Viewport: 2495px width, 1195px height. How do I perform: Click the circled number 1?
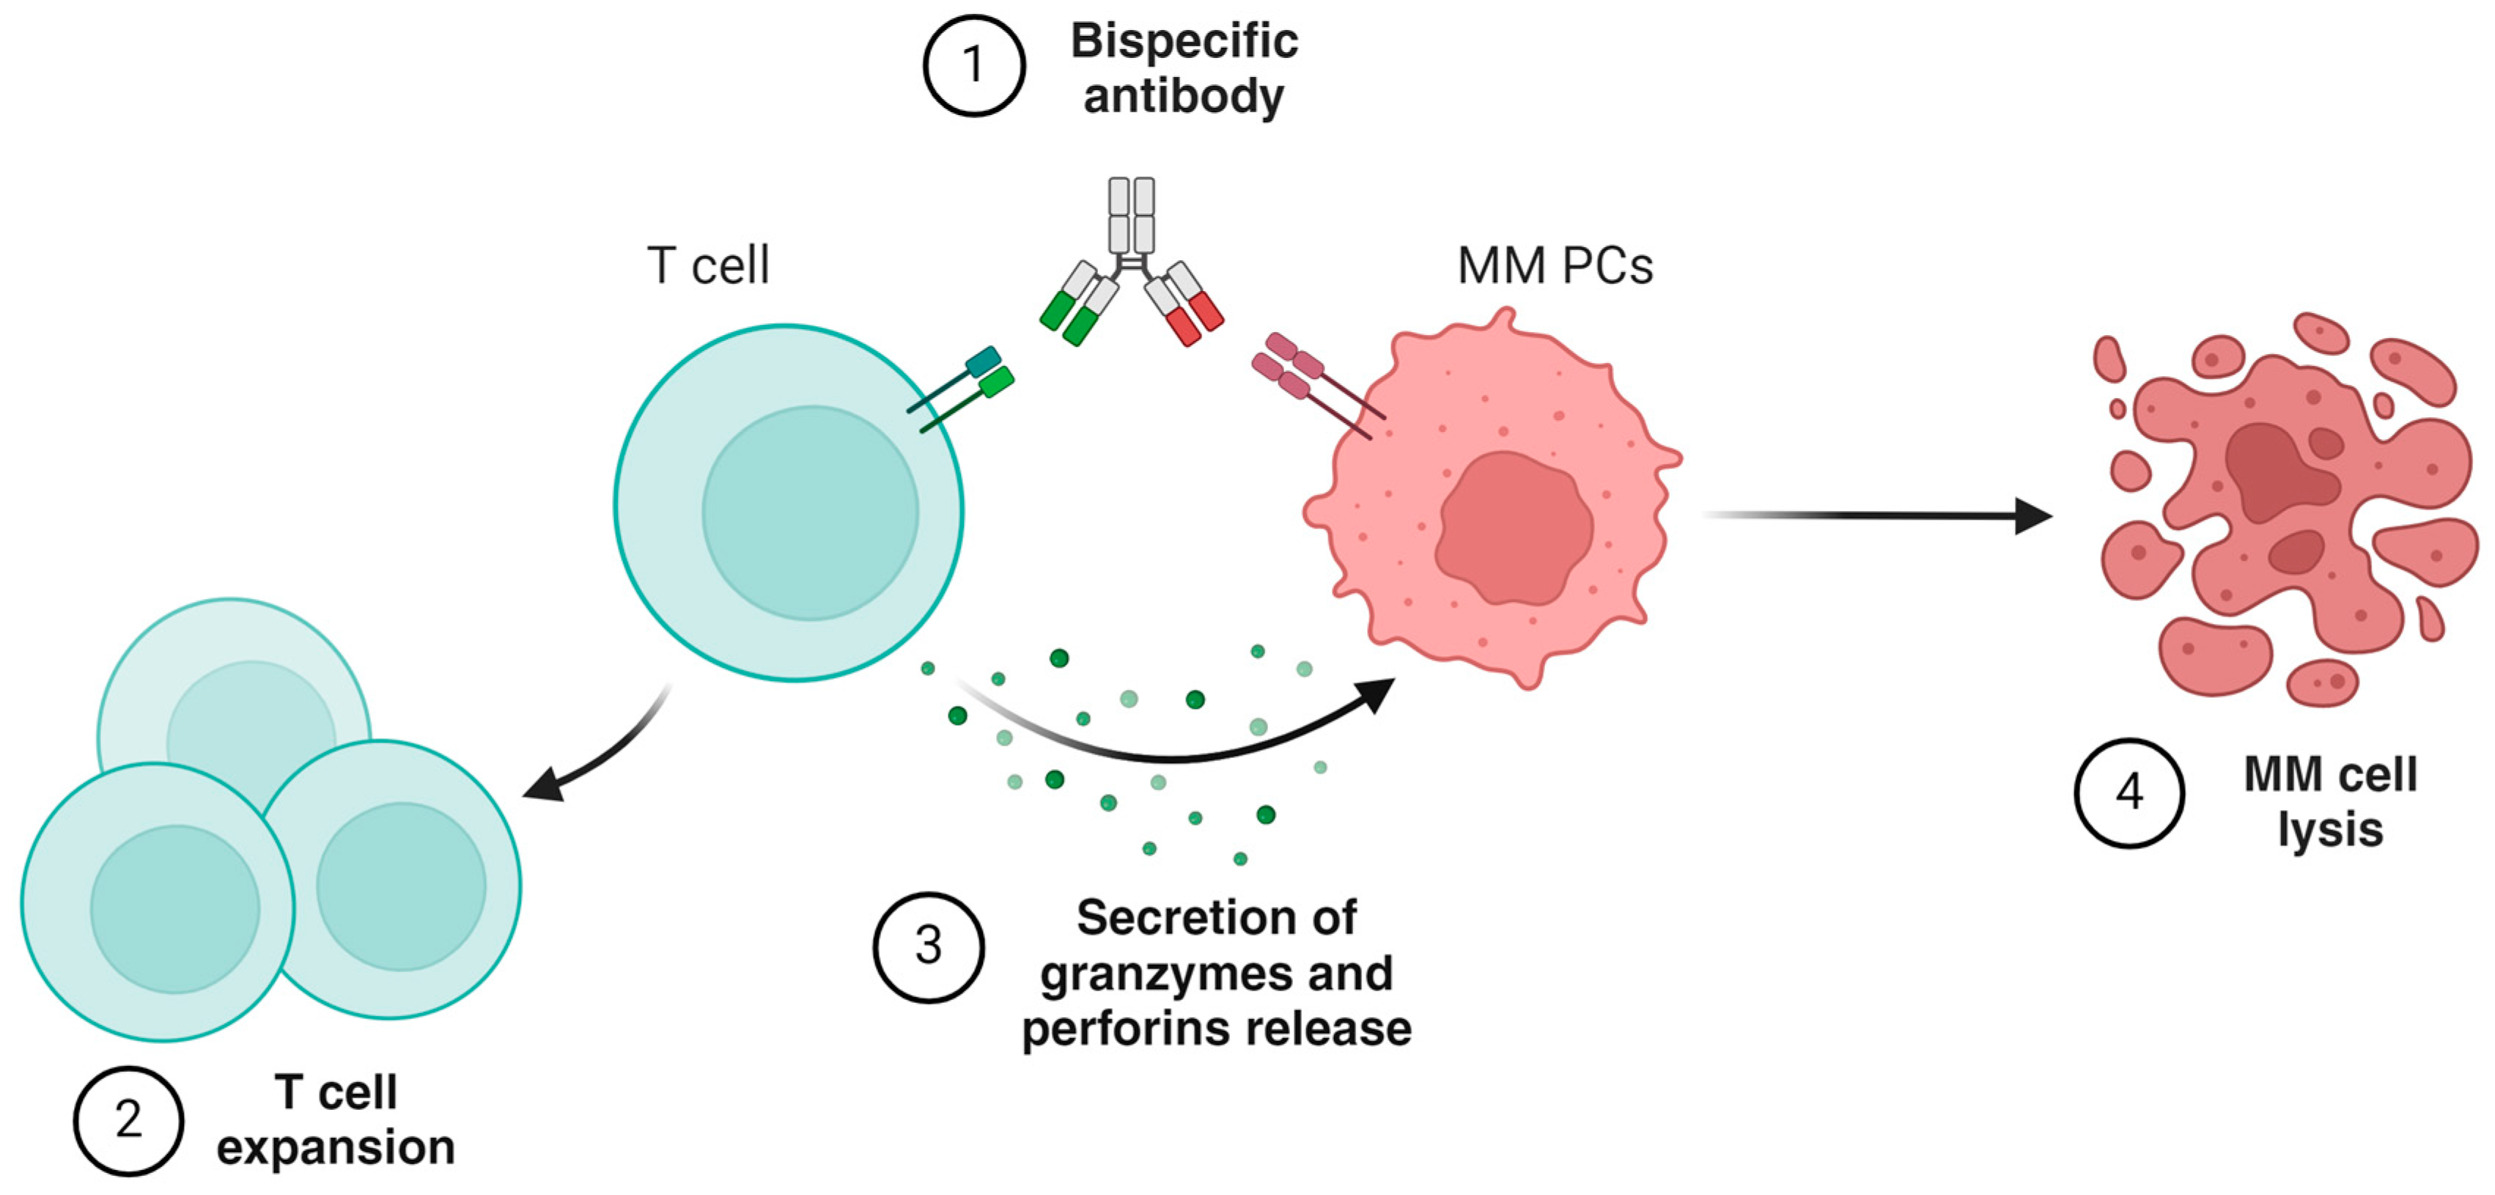(x=973, y=66)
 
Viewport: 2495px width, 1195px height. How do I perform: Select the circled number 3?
(x=928, y=946)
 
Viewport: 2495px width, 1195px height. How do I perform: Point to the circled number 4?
(x=2128, y=793)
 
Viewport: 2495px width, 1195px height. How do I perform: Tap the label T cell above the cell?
(x=708, y=265)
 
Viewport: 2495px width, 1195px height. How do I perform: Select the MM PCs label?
(x=1555, y=265)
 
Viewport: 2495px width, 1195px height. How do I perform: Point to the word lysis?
(x=2329, y=830)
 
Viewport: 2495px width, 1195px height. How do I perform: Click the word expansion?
(x=335, y=1147)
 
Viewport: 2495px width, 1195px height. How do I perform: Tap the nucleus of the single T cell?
(x=810, y=513)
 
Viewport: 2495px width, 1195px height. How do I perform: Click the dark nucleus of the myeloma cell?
(x=1513, y=528)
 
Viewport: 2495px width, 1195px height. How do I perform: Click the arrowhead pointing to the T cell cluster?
(x=542, y=784)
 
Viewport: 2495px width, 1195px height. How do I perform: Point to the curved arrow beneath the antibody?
(x=1172, y=755)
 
